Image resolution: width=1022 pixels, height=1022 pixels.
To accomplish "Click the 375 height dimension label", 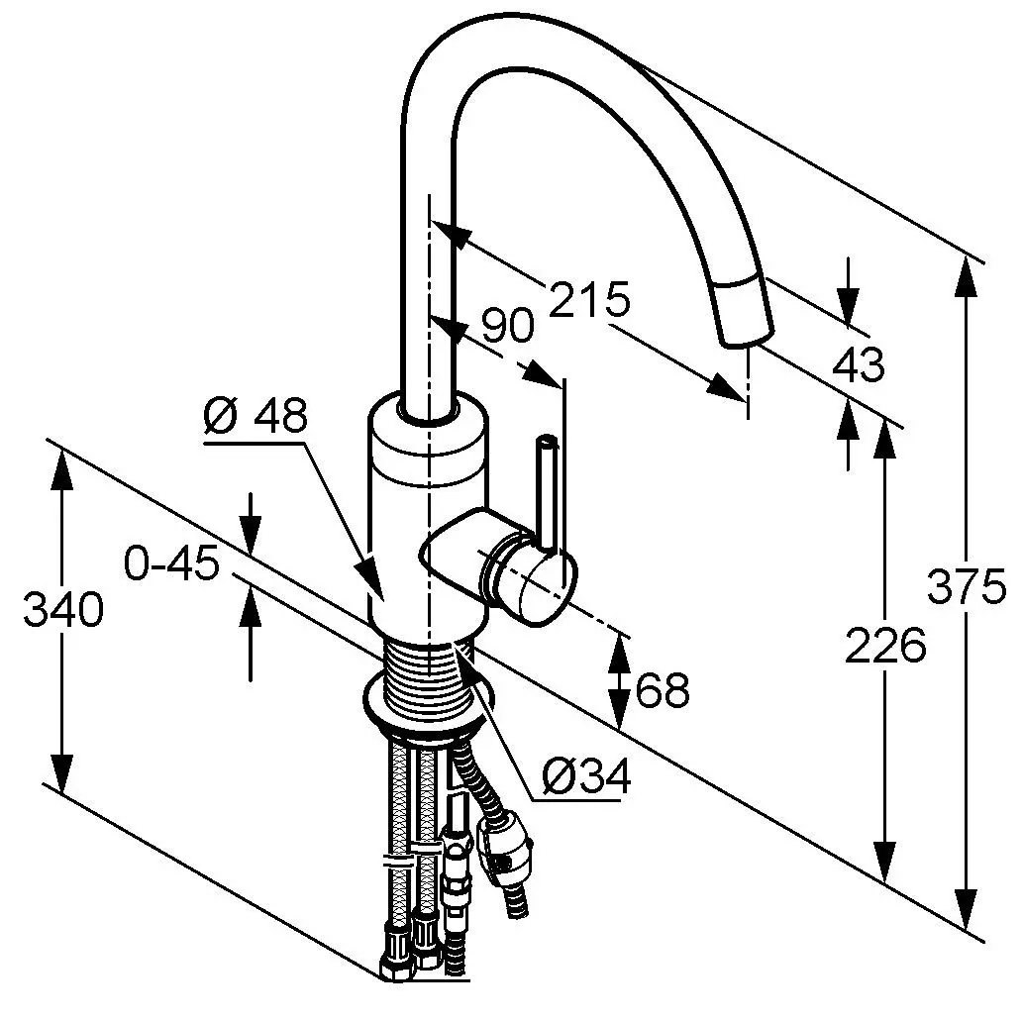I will point(967,589).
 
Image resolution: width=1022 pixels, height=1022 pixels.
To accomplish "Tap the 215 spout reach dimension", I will point(589,299).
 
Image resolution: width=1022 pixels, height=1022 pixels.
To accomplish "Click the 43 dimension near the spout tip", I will point(859,366).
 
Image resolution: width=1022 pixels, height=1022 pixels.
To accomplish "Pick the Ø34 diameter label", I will point(586,779).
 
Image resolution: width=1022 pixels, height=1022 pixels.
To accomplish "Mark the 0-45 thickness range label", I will point(171,566).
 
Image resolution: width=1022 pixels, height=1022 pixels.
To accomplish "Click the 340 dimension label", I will point(62,610).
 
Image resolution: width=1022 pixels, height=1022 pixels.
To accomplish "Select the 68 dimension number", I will point(663,690).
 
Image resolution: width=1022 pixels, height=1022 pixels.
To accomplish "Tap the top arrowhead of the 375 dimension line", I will point(967,271).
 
